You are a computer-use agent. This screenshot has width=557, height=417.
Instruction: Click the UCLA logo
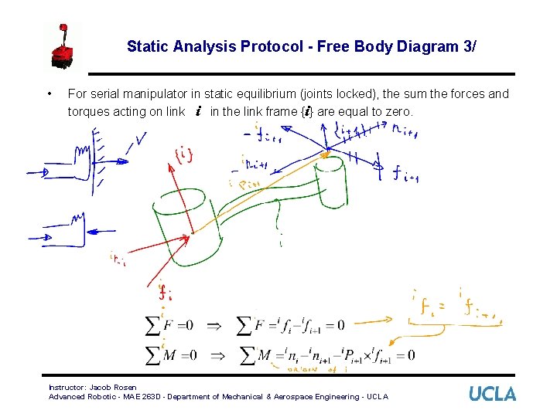[492, 394]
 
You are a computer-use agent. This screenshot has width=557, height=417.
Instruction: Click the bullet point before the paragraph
[50, 94]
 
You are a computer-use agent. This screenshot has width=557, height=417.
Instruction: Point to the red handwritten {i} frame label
[184, 154]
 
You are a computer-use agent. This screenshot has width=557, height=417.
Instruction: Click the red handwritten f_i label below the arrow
[164, 292]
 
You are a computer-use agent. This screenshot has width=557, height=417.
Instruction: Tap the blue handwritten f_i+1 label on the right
[405, 175]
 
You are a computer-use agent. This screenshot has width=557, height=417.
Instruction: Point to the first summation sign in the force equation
[153, 325]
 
